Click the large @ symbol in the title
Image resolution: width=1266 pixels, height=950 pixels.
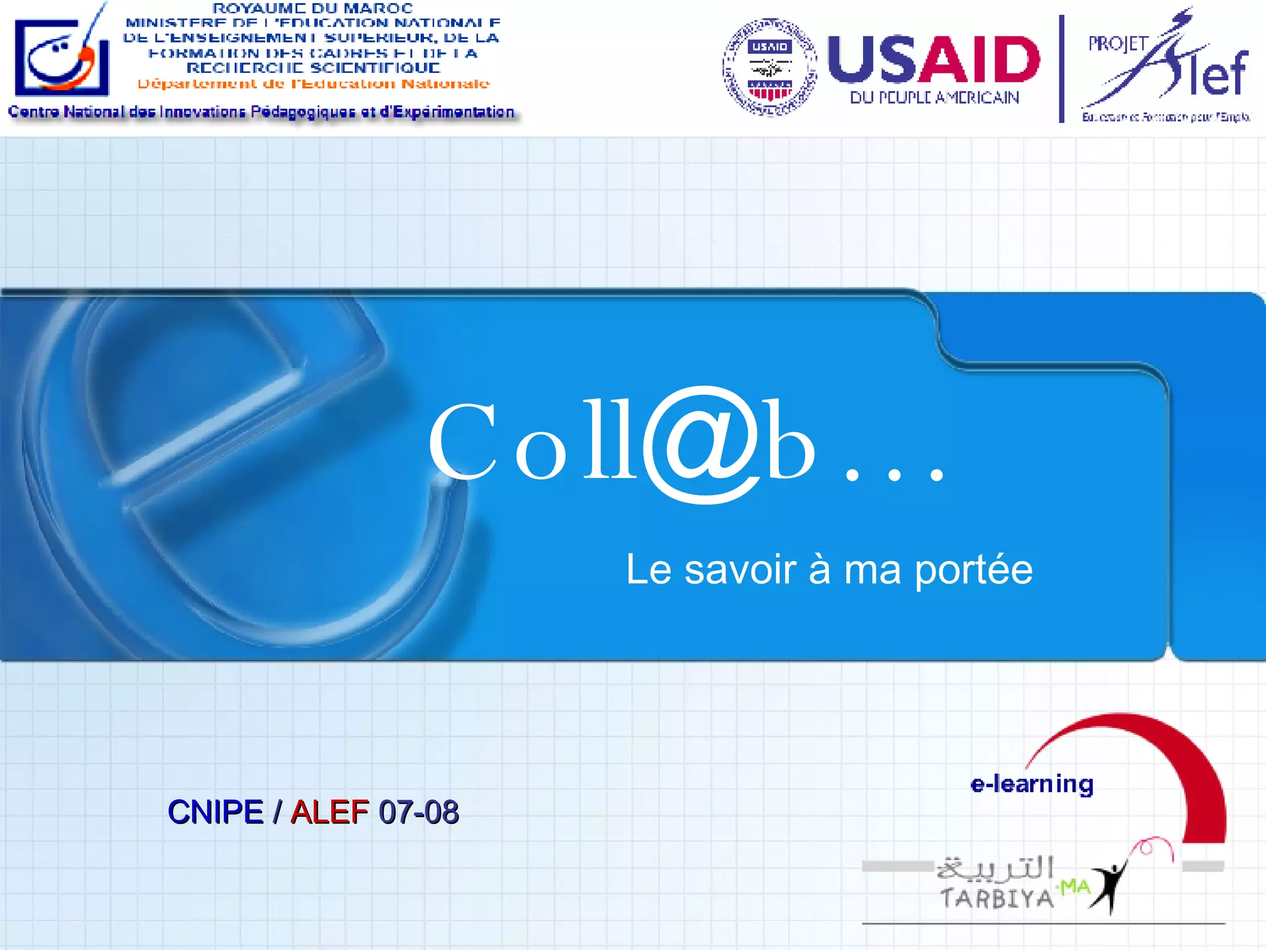(700, 443)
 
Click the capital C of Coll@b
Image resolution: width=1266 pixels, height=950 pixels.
(463, 441)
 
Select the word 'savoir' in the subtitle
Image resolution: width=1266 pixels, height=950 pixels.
(740, 570)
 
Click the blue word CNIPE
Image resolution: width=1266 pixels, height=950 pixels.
(216, 812)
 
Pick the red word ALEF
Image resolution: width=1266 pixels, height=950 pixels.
(329, 812)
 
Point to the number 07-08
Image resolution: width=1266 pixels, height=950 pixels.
(418, 812)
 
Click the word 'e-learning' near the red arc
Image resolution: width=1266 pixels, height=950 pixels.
(1032, 784)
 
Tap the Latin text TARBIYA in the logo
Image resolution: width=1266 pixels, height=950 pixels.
(996, 898)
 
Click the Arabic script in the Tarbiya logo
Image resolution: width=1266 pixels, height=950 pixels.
(995, 868)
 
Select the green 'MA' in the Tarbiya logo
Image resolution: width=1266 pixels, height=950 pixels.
(1074, 888)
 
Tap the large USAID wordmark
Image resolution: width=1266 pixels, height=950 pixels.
(933, 59)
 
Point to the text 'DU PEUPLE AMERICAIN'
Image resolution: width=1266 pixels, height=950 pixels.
(934, 98)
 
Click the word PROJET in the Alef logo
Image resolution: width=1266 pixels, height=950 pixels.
(1118, 44)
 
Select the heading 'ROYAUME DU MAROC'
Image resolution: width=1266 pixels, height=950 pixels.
(312, 8)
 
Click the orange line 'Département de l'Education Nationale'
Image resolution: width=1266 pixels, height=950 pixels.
(313, 83)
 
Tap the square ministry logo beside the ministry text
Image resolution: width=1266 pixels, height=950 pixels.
(62, 57)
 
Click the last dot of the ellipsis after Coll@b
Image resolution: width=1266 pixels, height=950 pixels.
(937, 475)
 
